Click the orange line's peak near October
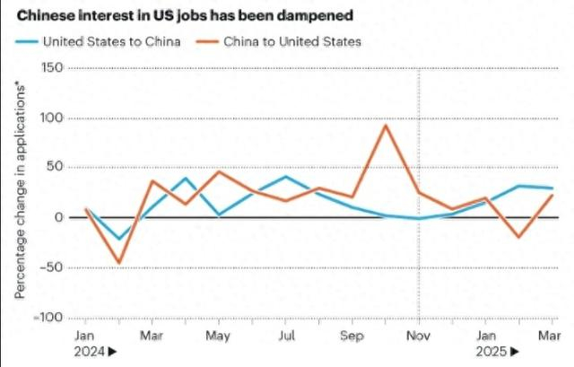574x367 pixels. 386,125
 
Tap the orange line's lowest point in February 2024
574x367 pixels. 119,263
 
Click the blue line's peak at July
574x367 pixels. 285,176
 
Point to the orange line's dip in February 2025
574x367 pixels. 518,238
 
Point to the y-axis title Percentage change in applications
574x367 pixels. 19,194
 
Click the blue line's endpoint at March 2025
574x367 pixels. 552,188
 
